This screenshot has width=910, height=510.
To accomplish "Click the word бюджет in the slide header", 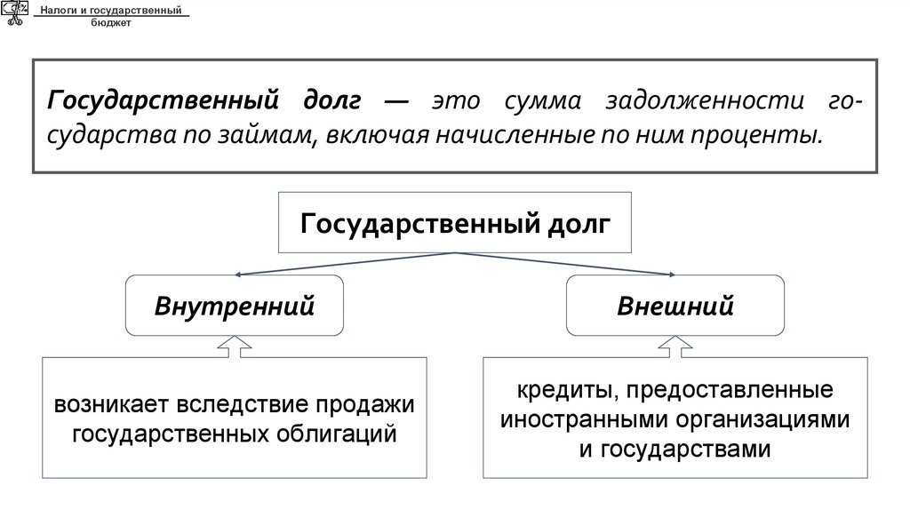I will click(110, 23).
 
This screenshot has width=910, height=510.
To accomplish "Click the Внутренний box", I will click(235, 307).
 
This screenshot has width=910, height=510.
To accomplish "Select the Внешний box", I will click(675, 307).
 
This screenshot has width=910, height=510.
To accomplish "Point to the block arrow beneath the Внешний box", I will click(675, 347).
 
